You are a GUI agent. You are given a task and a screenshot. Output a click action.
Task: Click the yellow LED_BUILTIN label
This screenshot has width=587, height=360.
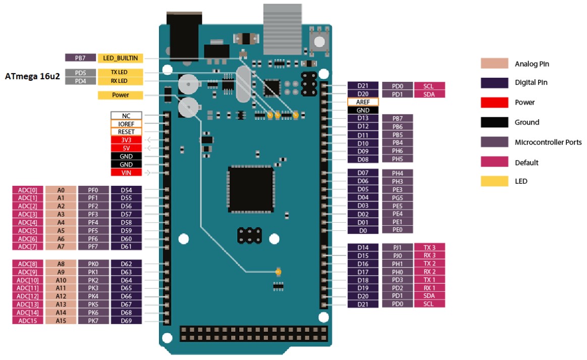click(x=120, y=58)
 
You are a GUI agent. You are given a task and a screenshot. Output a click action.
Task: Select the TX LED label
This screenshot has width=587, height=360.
click(x=120, y=72)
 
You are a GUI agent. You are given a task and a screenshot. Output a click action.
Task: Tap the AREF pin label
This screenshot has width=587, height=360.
click(x=363, y=102)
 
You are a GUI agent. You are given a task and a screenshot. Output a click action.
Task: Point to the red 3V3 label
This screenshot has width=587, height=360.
click(x=126, y=140)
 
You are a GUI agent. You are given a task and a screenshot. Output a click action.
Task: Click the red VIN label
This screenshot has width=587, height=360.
click(x=126, y=173)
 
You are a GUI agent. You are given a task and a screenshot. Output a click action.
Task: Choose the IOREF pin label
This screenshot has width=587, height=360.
click(x=126, y=124)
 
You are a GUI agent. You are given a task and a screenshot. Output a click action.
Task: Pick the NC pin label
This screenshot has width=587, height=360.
click(x=126, y=116)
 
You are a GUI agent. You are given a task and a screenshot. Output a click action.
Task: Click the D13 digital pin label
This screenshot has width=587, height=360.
click(x=363, y=118)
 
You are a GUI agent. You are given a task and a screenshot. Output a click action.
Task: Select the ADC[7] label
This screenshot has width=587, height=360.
click(x=28, y=246)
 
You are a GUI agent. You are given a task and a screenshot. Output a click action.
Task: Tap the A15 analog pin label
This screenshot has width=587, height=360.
click(x=61, y=321)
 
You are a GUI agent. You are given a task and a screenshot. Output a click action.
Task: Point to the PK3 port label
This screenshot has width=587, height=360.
click(x=93, y=288)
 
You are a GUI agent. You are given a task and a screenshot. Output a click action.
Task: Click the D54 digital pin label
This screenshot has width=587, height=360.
click(x=126, y=190)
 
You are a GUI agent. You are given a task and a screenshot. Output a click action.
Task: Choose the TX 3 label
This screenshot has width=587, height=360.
click(x=430, y=247)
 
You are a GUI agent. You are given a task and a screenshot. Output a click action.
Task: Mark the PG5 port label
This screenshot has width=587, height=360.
click(x=397, y=197)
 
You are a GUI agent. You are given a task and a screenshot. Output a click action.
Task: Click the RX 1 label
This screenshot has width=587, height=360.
click(x=430, y=288)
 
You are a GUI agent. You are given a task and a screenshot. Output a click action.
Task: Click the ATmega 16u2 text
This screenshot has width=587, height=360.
click(x=32, y=76)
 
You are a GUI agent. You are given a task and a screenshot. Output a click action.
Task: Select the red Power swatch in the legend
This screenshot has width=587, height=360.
click(x=495, y=102)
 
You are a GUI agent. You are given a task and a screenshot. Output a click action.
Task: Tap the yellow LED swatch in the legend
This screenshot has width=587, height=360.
click(x=495, y=181)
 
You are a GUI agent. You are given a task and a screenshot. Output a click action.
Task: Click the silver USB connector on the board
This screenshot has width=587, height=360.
click(x=282, y=29)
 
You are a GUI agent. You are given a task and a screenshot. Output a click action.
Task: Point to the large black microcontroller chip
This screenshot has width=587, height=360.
click(x=251, y=189)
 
